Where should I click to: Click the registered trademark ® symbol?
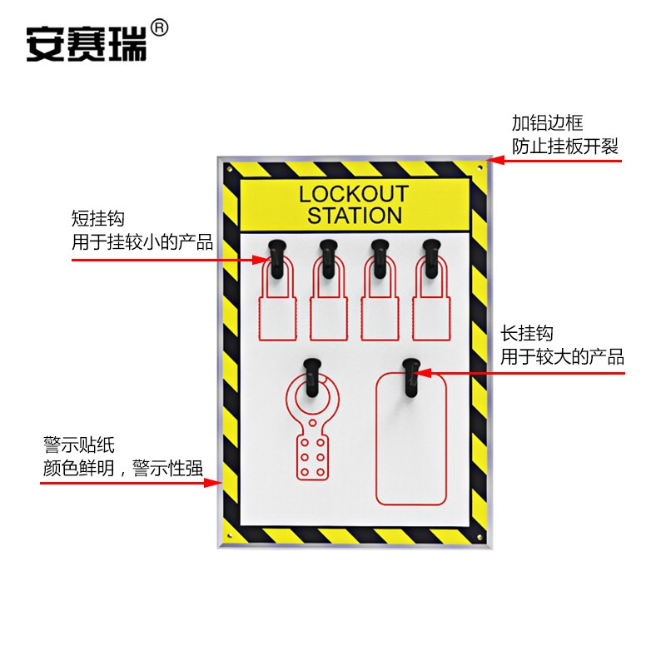coord(160,29)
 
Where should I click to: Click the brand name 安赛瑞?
coord(86,42)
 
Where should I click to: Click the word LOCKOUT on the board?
coord(354,194)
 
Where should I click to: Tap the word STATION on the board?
coord(354,216)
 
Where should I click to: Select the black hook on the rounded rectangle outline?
coord(410,375)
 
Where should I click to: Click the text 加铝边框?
coord(547,124)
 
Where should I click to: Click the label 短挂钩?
coord(98,220)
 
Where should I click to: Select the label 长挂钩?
coord(527,334)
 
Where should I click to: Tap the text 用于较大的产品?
coord(562,357)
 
